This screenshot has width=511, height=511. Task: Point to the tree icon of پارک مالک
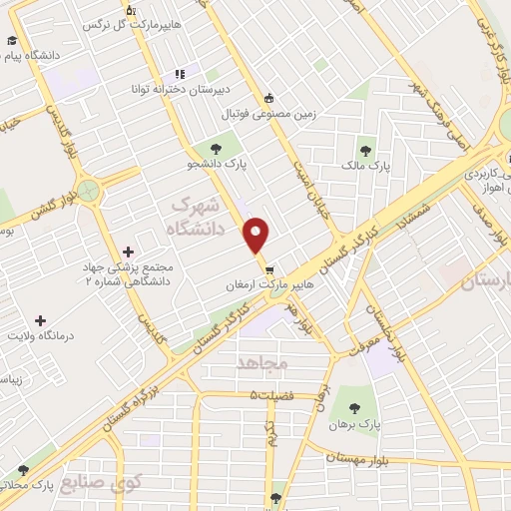(367, 151)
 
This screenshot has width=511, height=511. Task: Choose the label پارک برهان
(383, 421)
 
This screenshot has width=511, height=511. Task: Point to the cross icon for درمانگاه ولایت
(40, 320)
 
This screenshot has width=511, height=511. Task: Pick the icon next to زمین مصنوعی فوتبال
(269, 97)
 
